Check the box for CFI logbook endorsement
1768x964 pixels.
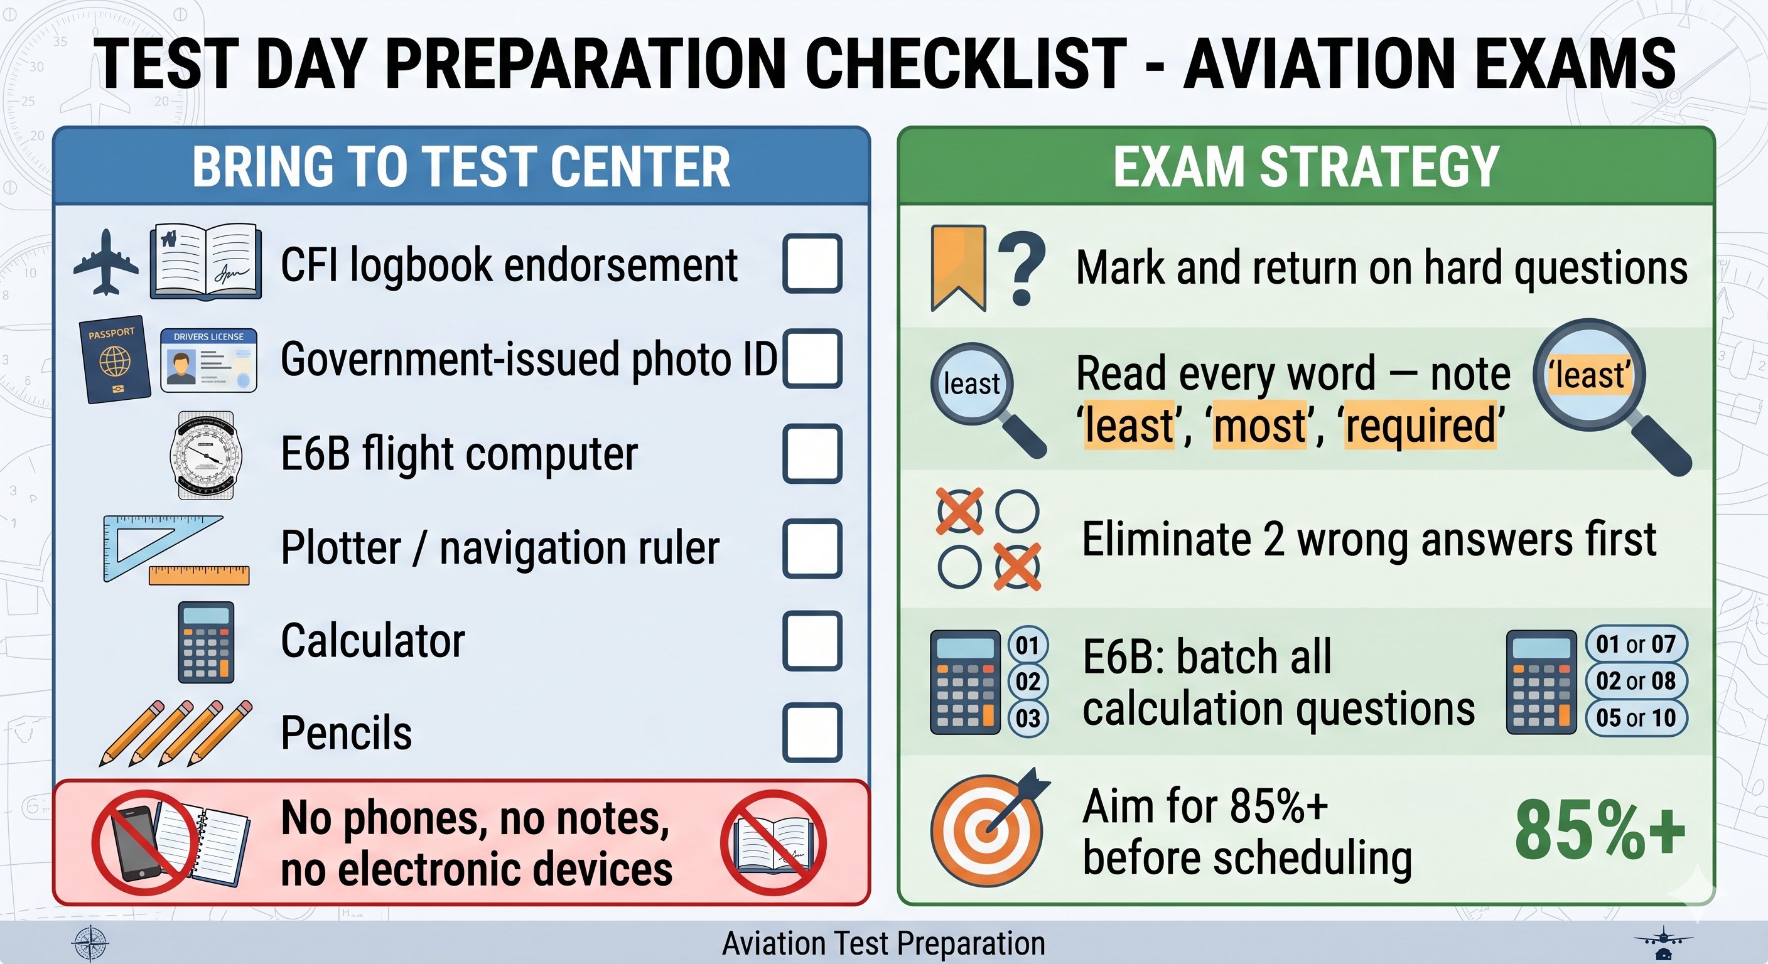(812, 264)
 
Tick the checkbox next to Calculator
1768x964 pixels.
(812, 641)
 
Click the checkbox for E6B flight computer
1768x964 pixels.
(812, 454)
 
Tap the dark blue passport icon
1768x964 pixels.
(116, 359)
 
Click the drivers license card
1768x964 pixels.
(208, 360)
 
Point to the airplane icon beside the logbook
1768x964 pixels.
(105, 263)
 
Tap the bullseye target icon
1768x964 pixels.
(987, 832)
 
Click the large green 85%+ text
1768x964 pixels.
(1599, 831)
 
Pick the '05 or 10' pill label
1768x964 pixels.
(1636, 718)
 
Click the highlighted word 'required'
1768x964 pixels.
(1420, 426)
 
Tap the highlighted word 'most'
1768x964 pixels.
(1260, 426)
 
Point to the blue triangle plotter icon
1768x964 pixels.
(154, 545)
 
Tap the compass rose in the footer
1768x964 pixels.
(90, 943)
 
